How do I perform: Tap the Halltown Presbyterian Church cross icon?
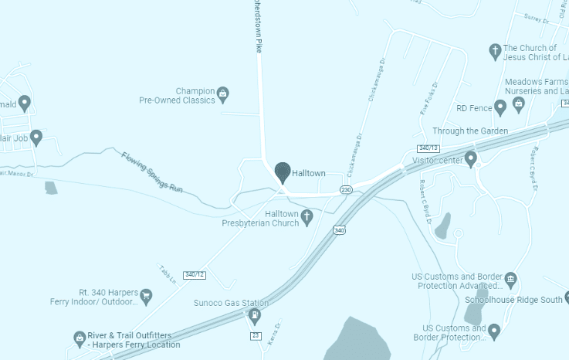click(307, 218)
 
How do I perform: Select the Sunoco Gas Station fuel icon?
click(255, 316)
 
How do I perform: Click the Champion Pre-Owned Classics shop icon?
click(223, 94)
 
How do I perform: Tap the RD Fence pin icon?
click(500, 107)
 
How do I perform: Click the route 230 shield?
click(346, 190)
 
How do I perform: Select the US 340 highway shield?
click(339, 229)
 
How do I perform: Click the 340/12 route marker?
click(194, 275)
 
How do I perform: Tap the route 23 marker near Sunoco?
click(256, 335)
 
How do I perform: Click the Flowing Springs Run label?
click(153, 172)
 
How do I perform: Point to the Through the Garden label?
click(470, 131)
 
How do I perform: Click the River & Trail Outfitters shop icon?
click(79, 338)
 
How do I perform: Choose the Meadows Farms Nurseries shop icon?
click(518, 103)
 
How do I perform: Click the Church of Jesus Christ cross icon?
click(495, 52)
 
